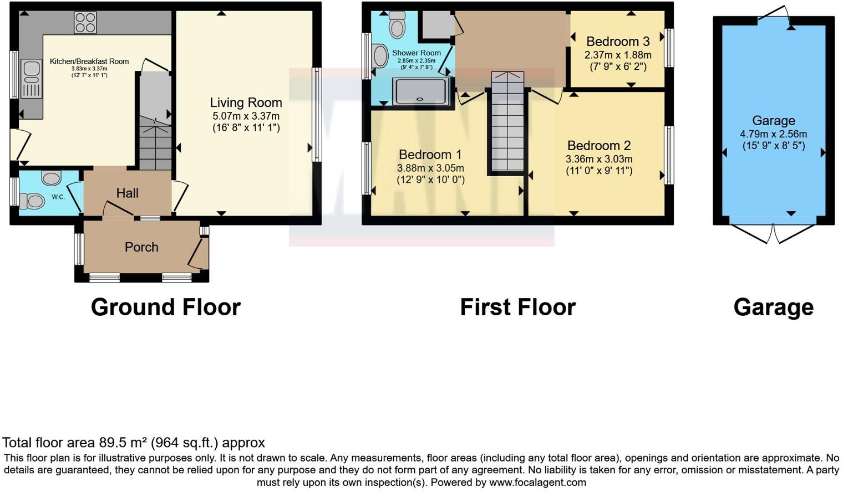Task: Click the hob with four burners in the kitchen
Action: point(85,23)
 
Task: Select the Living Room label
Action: point(246,102)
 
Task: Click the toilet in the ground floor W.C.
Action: point(32,201)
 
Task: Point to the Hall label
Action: point(127,193)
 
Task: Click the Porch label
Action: point(141,247)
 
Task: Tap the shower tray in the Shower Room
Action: point(421,91)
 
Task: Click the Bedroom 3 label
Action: point(617,42)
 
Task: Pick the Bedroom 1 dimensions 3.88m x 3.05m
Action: point(430,168)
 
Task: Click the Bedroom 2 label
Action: point(599,146)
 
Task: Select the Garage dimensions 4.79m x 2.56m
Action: point(773,134)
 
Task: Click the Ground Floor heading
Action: point(165,307)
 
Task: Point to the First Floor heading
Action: point(517,307)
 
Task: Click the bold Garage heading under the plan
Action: point(773,307)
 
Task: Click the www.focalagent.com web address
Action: point(537,482)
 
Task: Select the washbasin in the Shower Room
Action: point(380,56)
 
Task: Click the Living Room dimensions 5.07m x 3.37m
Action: point(246,116)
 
